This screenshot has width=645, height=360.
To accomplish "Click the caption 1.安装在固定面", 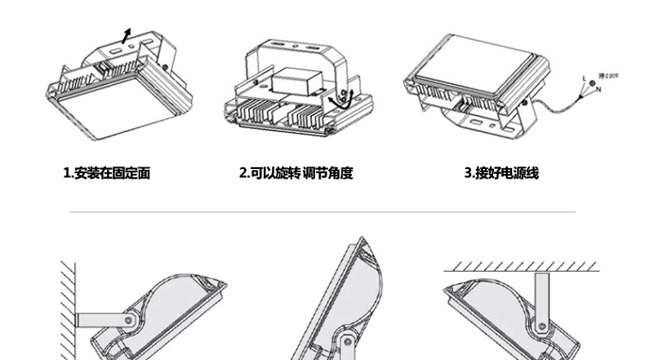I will point(107,173).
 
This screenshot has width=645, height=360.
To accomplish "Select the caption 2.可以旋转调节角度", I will point(296,173).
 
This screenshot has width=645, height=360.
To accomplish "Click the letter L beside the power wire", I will point(584,78).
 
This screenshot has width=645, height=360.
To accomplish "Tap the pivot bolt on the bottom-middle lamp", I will point(349,340).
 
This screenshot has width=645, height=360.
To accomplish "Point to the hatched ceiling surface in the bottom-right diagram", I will point(523,266).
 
